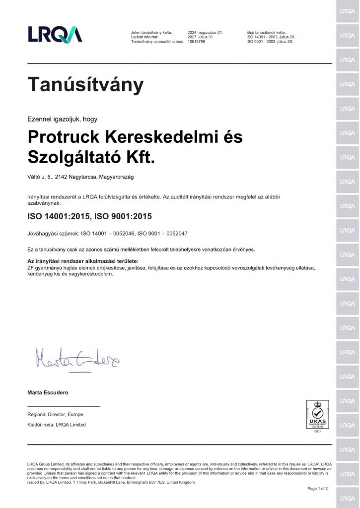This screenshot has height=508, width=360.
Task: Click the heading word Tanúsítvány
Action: [x=85, y=85]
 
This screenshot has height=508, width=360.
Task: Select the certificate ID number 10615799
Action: [x=197, y=42]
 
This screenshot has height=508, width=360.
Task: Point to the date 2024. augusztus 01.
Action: [x=205, y=32]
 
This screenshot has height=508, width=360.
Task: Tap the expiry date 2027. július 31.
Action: [x=201, y=37]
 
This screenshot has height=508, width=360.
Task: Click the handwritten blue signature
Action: [x=77, y=358]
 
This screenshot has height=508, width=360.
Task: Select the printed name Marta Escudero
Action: [x=48, y=392]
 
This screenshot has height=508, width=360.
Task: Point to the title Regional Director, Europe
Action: [x=55, y=414]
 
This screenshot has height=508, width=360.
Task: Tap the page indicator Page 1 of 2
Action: [x=318, y=489]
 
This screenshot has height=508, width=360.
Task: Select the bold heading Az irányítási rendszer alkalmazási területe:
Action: [x=82, y=261]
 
